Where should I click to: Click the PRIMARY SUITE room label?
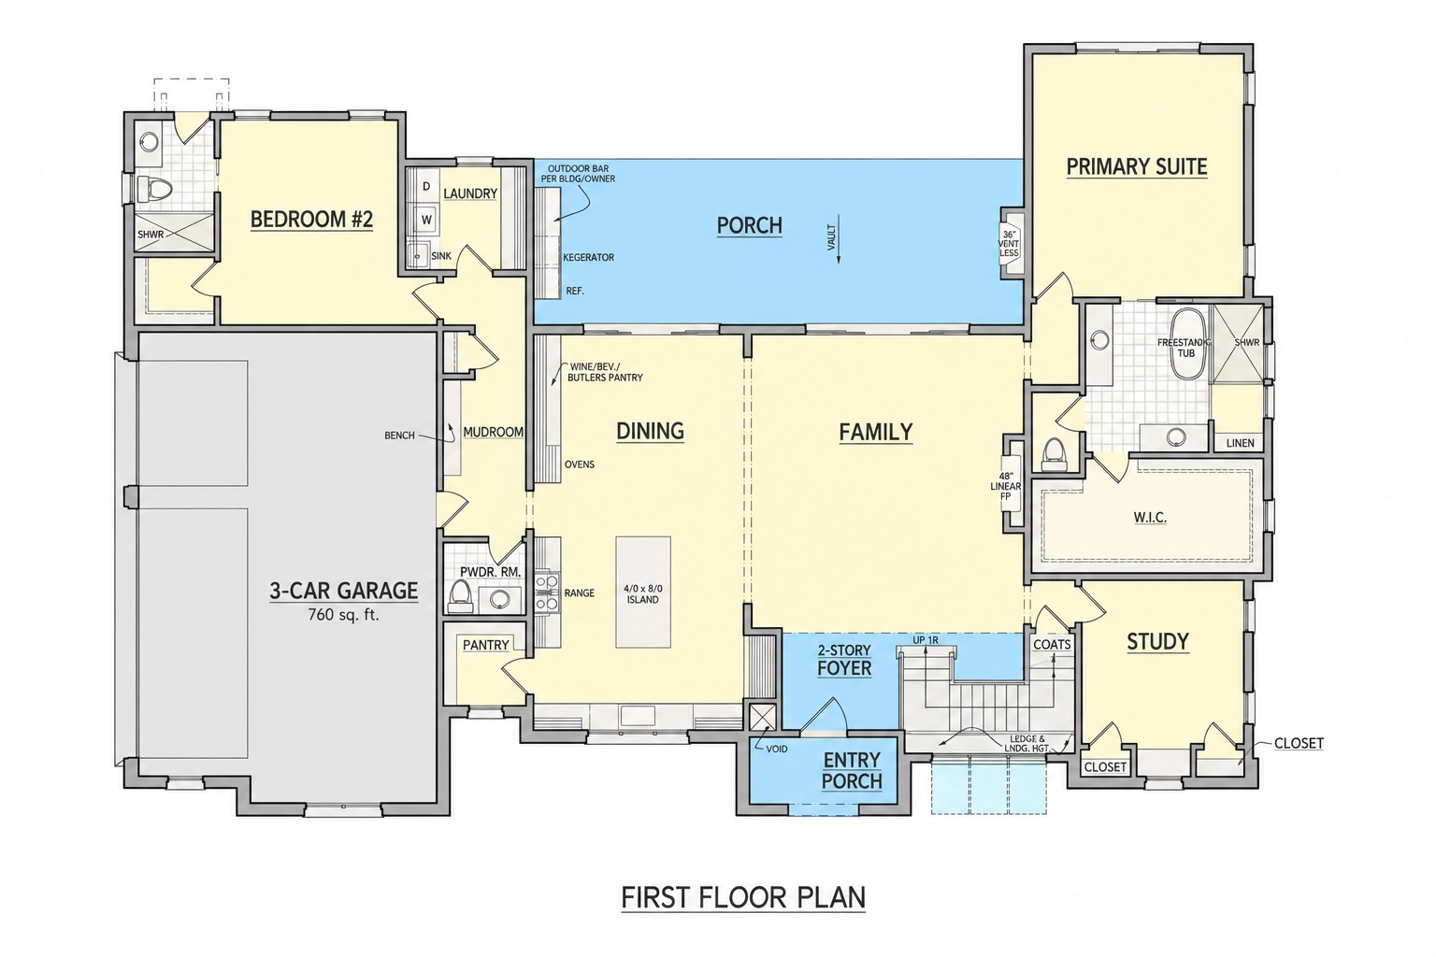pyautogui.click(x=1137, y=166)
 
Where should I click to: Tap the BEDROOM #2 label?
pyautogui.click(x=311, y=220)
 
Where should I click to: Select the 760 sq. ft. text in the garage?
pyautogui.click(x=344, y=615)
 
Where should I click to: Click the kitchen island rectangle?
pyautogui.click(x=643, y=593)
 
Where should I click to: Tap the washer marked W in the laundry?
pyautogui.click(x=426, y=220)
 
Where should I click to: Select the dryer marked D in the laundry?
pyautogui.click(x=426, y=187)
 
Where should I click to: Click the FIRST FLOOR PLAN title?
pyautogui.click(x=743, y=897)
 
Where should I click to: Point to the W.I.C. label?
pyautogui.click(x=1150, y=517)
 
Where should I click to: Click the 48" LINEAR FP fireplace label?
pyautogui.click(x=1005, y=487)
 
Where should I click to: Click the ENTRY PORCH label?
pyautogui.click(x=852, y=770)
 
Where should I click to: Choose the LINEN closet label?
pyautogui.click(x=1240, y=443)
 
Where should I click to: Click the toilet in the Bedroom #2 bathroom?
pyautogui.click(x=154, y=189)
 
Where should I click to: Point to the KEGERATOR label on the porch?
pyautogui.click(x=588, y=258)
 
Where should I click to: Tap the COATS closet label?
pyautogui.click(x=1052, y=644)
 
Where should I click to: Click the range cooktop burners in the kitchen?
pyautogui.click(x=547, y=592)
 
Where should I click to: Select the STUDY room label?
pyautogui.click(x=1157, y=642)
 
